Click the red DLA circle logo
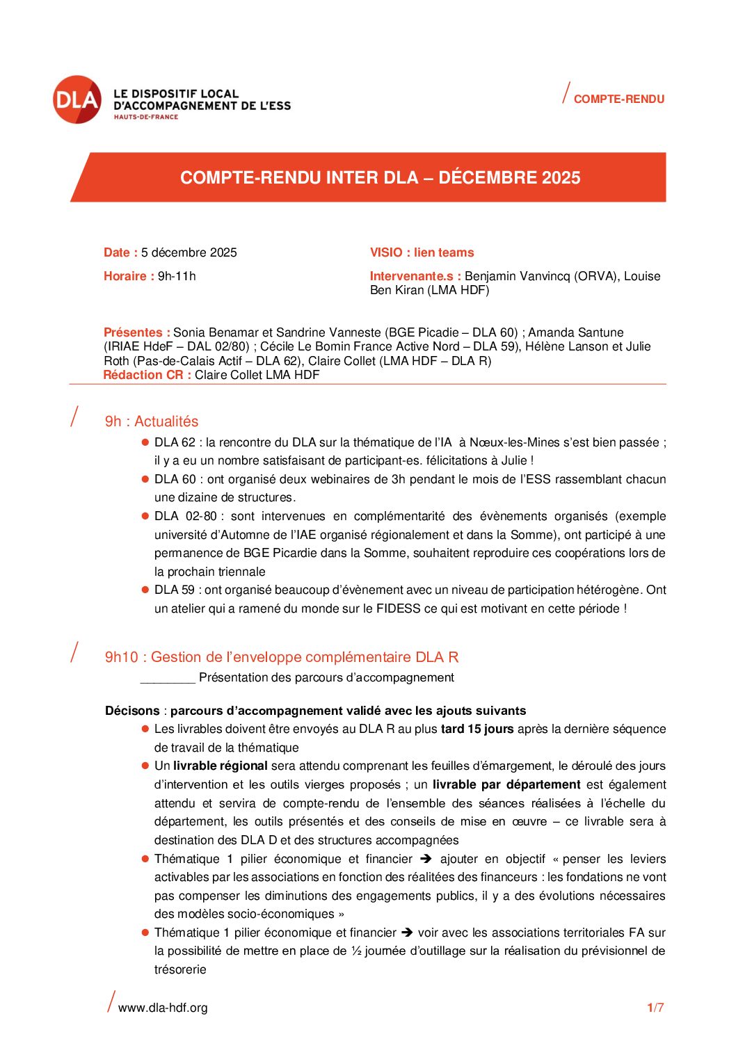[x=77, y=99]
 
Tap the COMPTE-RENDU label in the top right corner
[x=618, y=99]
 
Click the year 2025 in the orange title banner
[x=561, y=177]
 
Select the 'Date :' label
[x=120, y=252]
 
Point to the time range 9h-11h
[x=177, y=276]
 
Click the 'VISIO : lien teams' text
[x=422, y=252]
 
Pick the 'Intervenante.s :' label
[x=415, y=276]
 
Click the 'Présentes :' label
[x=137, y=332]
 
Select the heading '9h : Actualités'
[x=152, y=421]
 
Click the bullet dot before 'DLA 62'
[x=145, y=442]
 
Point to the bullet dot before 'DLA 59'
[x=145, y=590]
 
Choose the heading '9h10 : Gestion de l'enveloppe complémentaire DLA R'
[x=282, y=657]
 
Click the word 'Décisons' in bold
[x=132, y=711]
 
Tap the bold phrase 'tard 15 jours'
[x=477, y=729]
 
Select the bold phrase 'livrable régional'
[x=221, y=766]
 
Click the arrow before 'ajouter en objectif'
[x=426, y=859]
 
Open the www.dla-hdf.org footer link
[x=163, y=1008]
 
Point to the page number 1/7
[x=655, y=1008]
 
